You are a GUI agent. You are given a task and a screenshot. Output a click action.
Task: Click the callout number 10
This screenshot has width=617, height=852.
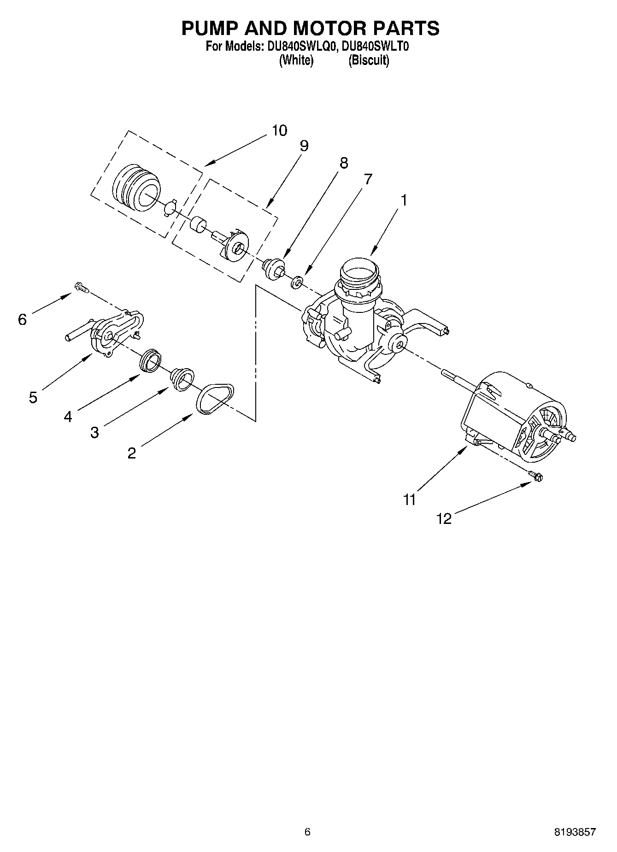click(279, 130)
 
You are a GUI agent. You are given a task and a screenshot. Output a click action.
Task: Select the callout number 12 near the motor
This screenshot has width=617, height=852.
click(444, 519)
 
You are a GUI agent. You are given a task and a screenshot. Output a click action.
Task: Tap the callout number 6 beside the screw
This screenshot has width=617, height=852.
click(23, 319)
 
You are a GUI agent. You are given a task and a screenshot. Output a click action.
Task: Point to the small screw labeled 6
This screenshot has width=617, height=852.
click(81, 288)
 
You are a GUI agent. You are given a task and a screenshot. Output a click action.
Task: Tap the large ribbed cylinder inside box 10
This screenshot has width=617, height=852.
click(136, 188)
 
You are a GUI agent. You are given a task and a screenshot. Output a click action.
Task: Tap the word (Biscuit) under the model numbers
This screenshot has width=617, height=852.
click(369, 60)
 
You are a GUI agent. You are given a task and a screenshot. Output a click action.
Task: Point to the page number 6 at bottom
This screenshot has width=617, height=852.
click(307, 832)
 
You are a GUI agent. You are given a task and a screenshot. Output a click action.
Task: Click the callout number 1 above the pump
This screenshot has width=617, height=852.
click(404, 200)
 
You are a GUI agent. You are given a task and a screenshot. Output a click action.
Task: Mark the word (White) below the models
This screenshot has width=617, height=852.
click(296, 60)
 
